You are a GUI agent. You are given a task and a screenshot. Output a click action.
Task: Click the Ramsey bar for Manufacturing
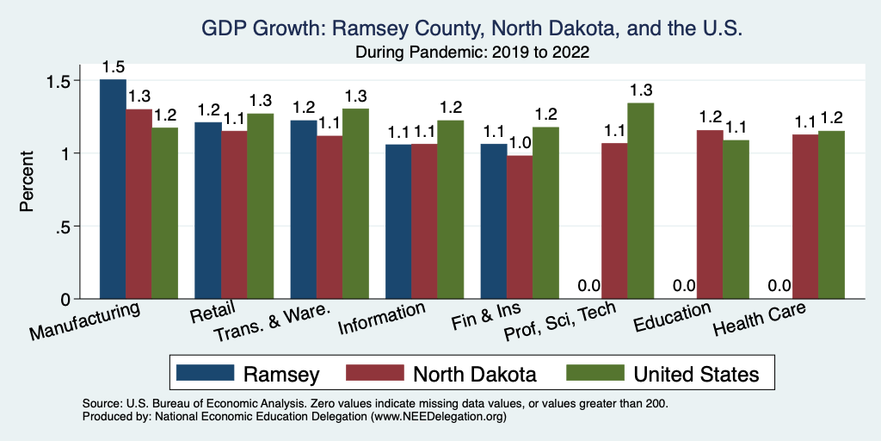pos(113,189)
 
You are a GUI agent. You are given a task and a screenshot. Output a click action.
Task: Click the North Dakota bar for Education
pos(710,214)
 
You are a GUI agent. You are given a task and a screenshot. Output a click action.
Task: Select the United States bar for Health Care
pos(831,215)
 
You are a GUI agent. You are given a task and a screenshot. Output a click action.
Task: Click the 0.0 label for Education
pos(684,286)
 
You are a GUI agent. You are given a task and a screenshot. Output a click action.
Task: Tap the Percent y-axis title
pos(28,182)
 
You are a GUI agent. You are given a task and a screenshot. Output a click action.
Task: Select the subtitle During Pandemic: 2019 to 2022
pos(471,53)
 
